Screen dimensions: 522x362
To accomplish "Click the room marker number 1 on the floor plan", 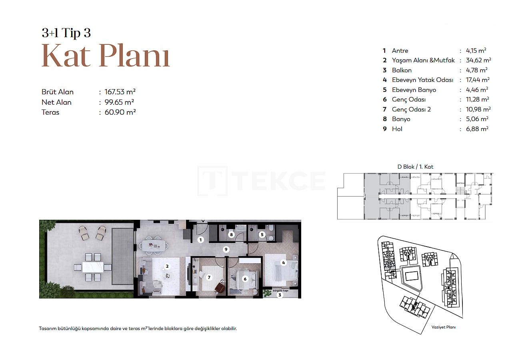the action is click(x=200, y=240).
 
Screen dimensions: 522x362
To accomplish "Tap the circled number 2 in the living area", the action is click(x=167, y=267).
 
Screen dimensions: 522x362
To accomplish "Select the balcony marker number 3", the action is click(x=280, y=295).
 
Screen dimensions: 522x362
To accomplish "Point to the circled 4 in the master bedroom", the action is click(x=283, y=263).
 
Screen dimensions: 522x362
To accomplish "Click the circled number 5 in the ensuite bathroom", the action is click(x=262, y=235).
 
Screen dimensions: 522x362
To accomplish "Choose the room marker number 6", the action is click(x=245, y=279).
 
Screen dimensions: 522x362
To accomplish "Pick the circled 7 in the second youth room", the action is click(x=209, y=277).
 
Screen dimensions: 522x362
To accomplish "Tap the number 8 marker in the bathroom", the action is click(x=232, y=235).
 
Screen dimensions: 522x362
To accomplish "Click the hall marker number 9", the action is click(x=226, y=250).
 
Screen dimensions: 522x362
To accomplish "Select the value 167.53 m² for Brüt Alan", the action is click(x=120, y=92).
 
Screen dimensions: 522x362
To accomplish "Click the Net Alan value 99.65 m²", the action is click(x=119, y=102).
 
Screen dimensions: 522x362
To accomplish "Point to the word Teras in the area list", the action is click(x=50, y=112).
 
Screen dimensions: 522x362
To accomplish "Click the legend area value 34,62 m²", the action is click(x=478, y=60).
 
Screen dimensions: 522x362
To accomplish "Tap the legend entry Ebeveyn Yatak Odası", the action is click(x=422, y=80).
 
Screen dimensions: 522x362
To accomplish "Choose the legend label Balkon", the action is click(x=402, y=70).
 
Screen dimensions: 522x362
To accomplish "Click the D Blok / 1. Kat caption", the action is click(x=415, y=167).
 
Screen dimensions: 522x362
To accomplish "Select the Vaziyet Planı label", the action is click(x=444, y=327).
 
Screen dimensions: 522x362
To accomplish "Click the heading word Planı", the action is click(x=135, y=56).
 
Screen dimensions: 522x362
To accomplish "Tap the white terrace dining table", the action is click(x=93, y=267).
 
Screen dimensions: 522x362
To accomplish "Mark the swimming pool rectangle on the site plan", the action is click(x=412, y=276).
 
